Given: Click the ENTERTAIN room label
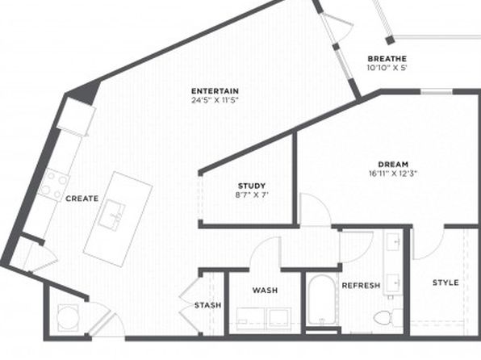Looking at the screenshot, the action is click(215, 91).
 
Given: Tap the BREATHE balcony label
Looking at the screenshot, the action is click(387, 59).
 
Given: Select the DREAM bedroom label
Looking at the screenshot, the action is click(393, 164).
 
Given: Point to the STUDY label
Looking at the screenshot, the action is click(252, 186).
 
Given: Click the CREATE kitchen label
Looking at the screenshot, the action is click(82, 199).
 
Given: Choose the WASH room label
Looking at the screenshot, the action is click(265, 290).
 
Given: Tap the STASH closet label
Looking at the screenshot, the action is click(207, 305).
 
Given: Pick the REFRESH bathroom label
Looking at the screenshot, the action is click(361, 286).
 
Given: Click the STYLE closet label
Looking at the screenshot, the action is click(445, 283).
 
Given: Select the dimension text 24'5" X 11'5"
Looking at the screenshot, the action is click(215, 100).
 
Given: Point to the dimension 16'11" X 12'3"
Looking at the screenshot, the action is click(393, 174).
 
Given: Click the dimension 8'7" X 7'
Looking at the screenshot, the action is click(252, 195).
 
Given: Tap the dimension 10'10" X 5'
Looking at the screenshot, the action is click(387, 68).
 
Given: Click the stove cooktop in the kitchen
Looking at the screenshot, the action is click(54, 185).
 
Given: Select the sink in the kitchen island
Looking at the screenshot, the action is click(111, 215).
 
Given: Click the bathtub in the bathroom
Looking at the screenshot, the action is click(321, 299).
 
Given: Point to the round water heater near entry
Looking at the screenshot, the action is click(68, 317).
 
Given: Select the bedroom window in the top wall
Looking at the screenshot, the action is click(437, 91).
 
